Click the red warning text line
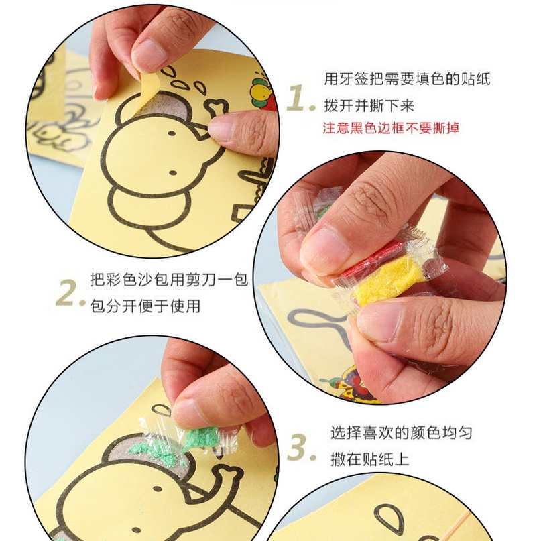click(391, 128)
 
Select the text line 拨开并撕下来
click(369, 105)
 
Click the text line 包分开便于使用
click(145, 306)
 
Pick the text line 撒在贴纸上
click(369, 459)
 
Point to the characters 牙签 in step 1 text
click(354, 79)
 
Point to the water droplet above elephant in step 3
click(161, 410)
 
